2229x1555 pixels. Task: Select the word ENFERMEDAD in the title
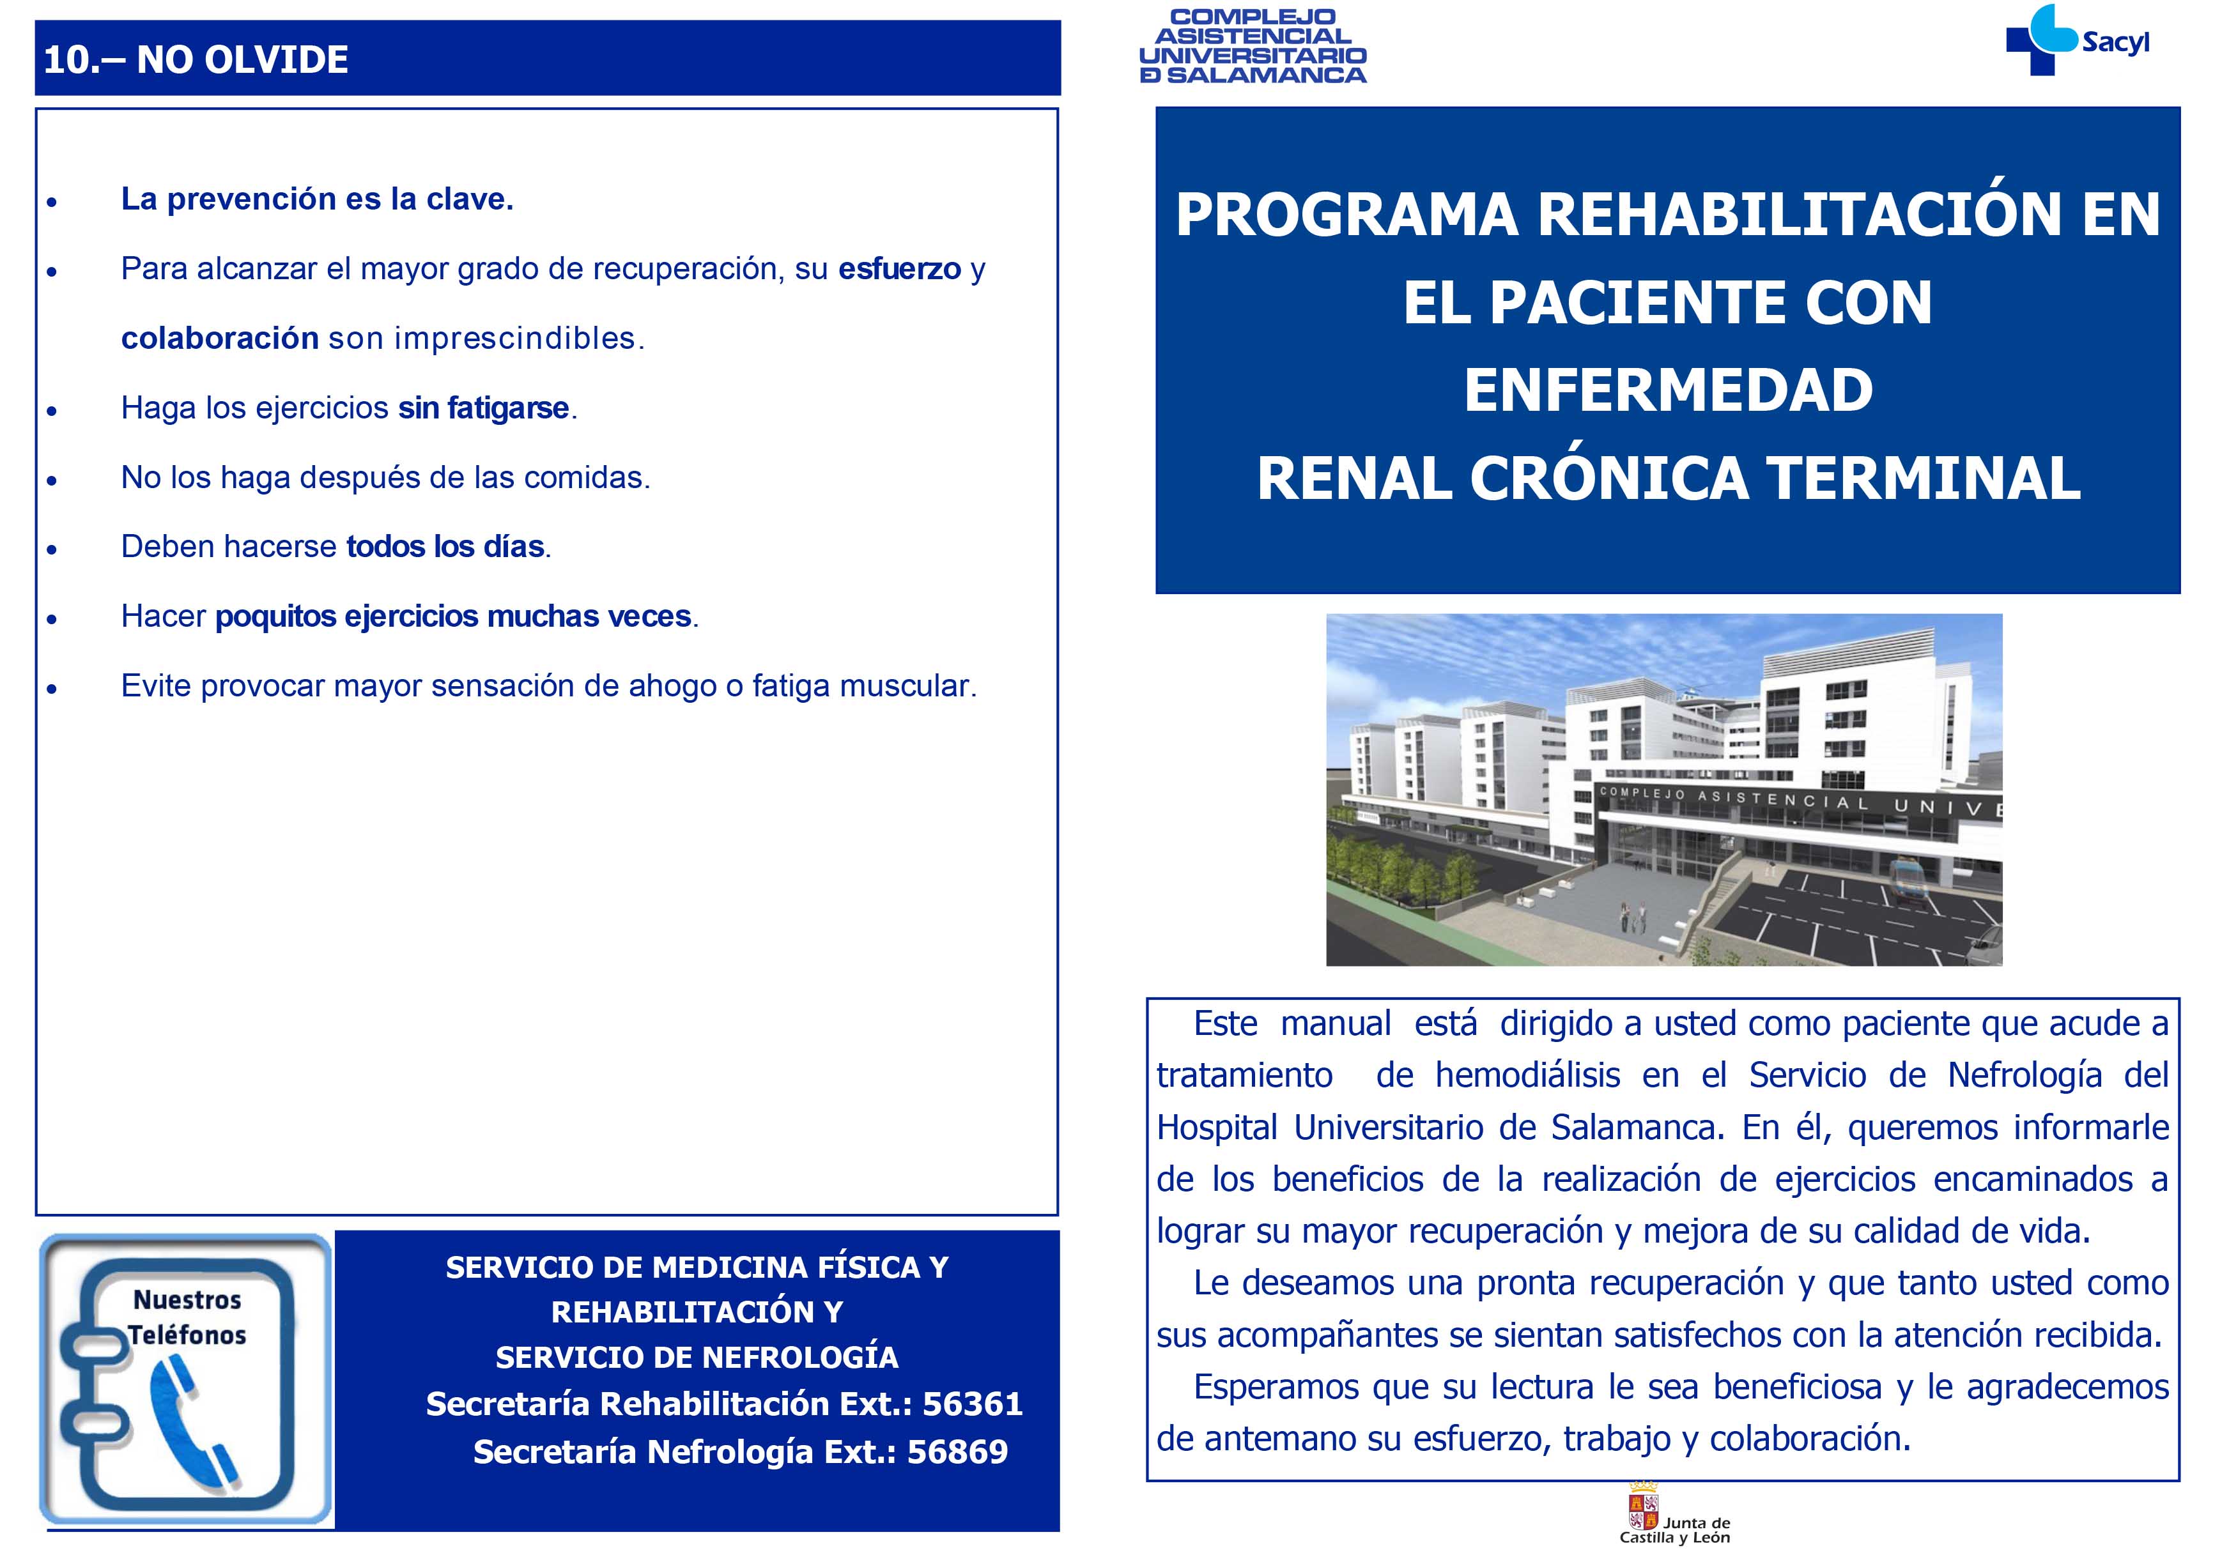pyautogui.click(x=1668, y=390)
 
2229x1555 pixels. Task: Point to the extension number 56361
pyautogui.click(x=973, y=1404)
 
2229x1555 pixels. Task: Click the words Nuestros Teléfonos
pyautogui.click(x=187, y=1317)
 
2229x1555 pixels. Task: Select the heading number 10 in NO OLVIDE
pyautogui.click(x=66, y=60)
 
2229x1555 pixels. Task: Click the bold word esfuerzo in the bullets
pyautogui.click(x=899, y=269)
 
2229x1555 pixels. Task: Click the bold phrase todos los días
pyautogui.click(x=445, y=546)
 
